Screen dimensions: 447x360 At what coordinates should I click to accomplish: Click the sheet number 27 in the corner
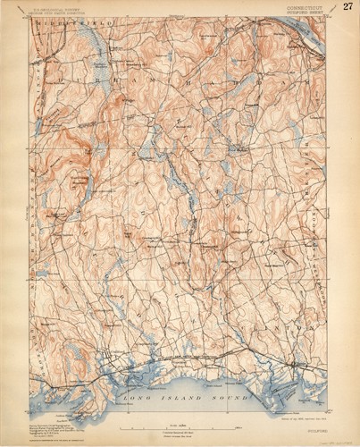pyautogui.click(x=347, y=7)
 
